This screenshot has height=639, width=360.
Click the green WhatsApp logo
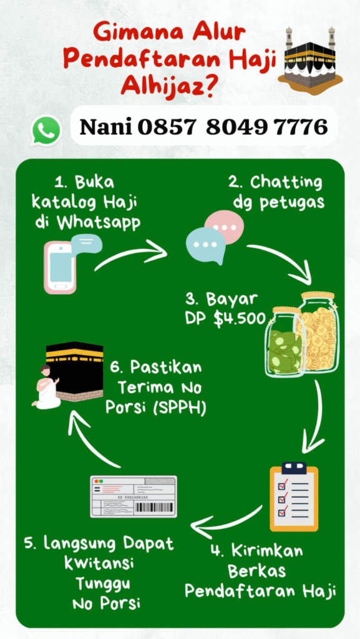pos(46,130)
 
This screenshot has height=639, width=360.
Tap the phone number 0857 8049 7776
pos(233,127)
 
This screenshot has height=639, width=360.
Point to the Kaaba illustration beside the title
pos(310,61)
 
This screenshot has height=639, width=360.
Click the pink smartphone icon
pos(61,267)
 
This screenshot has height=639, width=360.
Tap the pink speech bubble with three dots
pos(225,227)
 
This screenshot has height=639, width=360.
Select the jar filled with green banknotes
pos(285,343)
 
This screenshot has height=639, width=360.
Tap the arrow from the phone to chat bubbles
pos(130,254)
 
